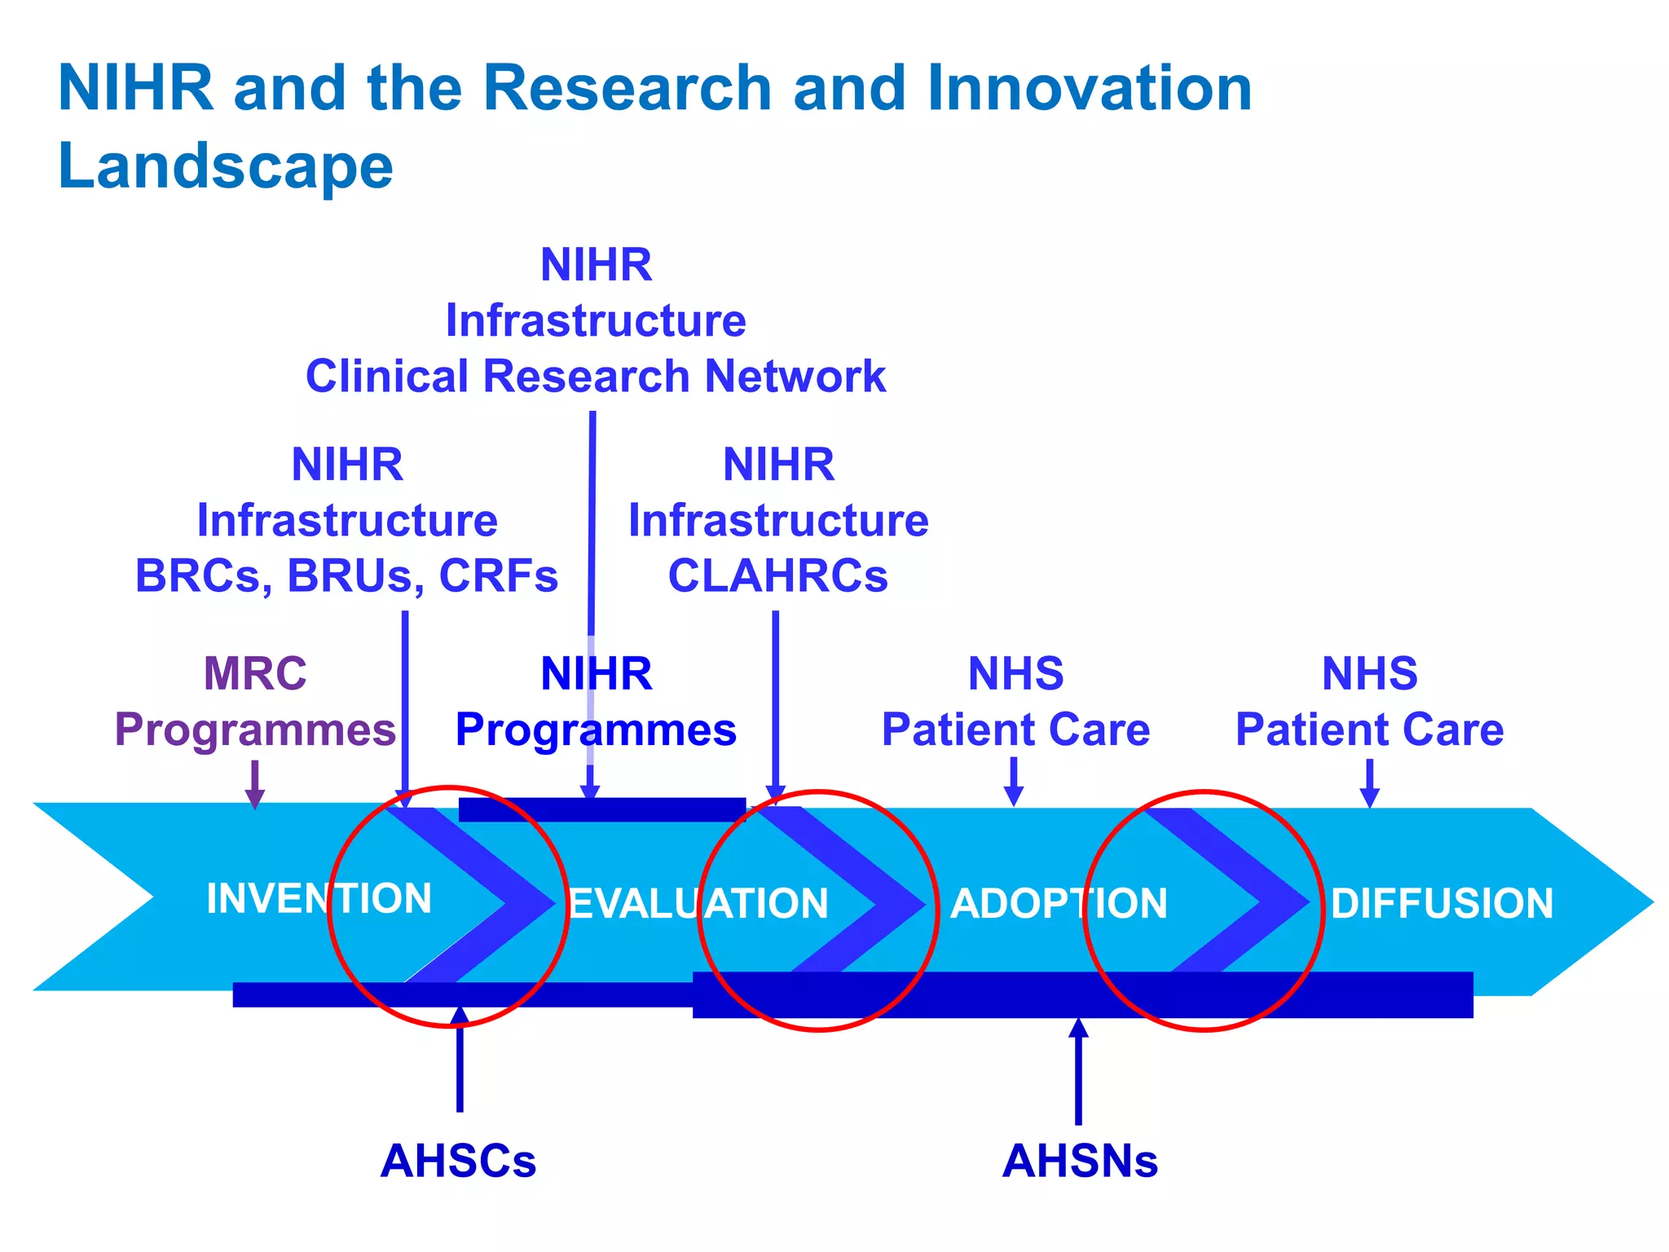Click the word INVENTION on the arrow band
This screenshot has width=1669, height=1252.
[x=319, y=899]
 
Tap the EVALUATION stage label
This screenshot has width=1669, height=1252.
[x=698, y=904]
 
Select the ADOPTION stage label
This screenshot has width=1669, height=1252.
[x=1059, y=904]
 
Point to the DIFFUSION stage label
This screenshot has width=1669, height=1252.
[x=1442, y=904]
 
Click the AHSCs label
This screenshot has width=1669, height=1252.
[x=458, y=1161]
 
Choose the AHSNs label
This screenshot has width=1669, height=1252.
[x=1080, y=1161]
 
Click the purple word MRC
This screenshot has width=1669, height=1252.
[x=255, y=673]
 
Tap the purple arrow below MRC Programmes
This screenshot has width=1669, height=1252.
[x=255, y=784]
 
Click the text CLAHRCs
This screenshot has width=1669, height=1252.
[x=777, y=575]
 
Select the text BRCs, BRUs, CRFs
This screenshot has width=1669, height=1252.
[x=346, y=575]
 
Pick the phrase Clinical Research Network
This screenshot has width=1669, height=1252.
[x=595, y=377]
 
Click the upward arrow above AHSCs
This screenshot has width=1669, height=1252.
[x=460, y=1060]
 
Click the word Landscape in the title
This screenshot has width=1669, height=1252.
[x=226, y=166]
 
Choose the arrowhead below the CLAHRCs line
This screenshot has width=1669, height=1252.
[x=776, y=792]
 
